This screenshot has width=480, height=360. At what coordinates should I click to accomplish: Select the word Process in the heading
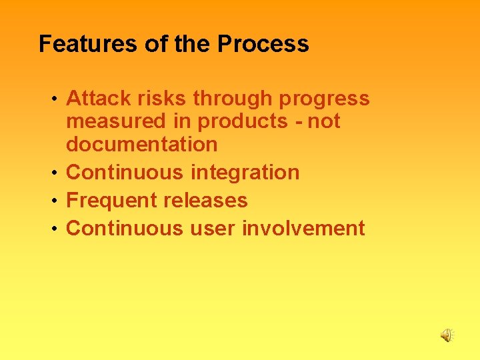point(263,44)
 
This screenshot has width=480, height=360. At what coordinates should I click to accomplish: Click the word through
point(233,99)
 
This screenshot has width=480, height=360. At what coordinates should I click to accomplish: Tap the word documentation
point(142,144)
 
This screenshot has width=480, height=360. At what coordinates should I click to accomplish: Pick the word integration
point(245,173)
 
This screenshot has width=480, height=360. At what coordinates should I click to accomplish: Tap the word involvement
point(303,228)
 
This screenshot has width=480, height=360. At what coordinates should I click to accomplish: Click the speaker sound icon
point(447,335)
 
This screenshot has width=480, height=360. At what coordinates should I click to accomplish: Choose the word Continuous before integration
point(125,172)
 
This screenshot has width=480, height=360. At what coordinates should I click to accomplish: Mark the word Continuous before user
point(125,228)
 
